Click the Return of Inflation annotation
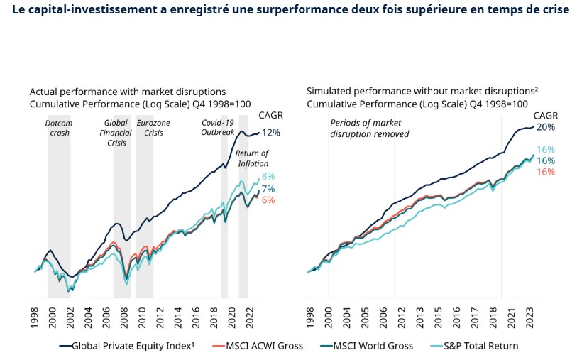click(x=253, y=158)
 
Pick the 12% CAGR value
click(x=270, y=133)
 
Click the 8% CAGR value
click(x=268, y=176)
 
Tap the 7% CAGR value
click(x=268, y=189)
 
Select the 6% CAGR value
click(x=268, y=200)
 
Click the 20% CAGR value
click(x=544, y=127)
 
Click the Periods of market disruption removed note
click(x=370, y=128)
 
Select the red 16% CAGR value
click(x=545, y=172)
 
